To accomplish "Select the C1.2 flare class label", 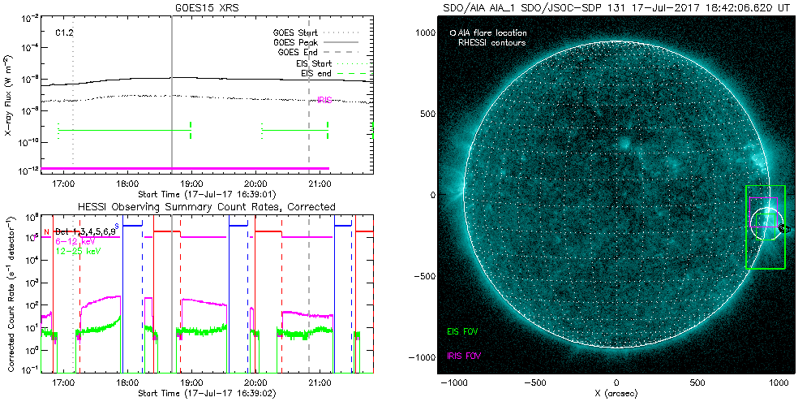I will coord(64,33).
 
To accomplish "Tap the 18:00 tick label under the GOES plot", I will coord(127,184).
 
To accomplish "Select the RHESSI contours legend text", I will coord(491,42).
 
